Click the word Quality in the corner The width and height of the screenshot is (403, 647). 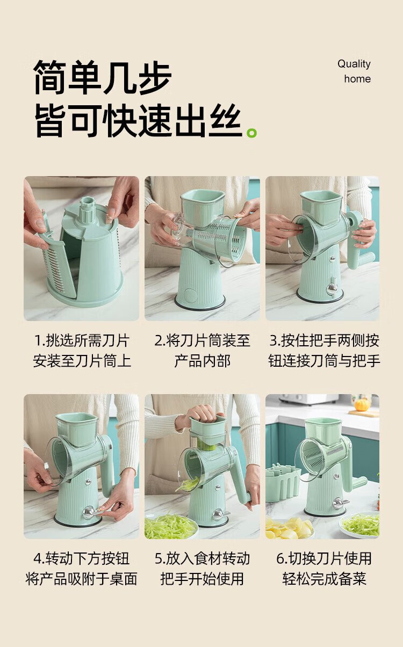point(354,64)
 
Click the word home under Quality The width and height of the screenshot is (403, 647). point(357,79)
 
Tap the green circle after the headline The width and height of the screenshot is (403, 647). point(252,133)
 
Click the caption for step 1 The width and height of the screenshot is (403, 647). point(82,351)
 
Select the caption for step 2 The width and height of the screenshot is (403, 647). point(202,351)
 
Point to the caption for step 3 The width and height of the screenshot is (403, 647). point(324,351)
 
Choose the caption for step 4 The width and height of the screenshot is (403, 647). point(81,569)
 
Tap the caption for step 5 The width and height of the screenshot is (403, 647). point(202,569)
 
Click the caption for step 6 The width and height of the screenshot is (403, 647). point(324,569)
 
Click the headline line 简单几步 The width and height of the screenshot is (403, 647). point(103,77)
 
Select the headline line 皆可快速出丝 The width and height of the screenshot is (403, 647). point(138,121)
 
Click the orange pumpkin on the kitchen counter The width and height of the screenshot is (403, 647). point(362,405)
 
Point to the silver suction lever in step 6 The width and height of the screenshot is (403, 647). point(341,503)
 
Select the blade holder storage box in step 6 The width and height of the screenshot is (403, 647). point(283,480)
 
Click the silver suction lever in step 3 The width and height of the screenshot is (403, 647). point(333,287)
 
